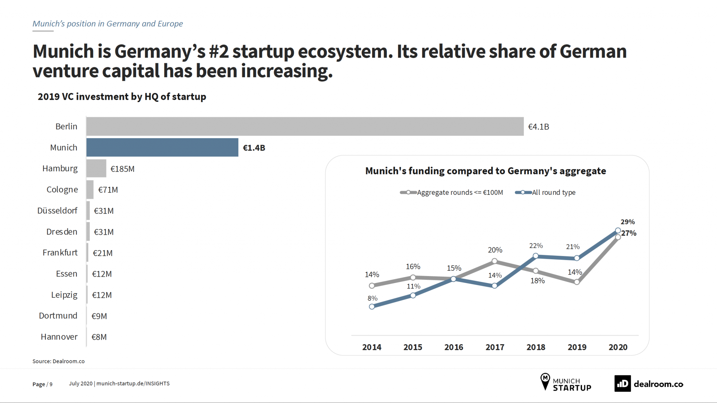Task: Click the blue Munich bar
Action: [162, 147]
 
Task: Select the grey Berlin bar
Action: [305, 126]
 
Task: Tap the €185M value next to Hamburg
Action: [123, 169]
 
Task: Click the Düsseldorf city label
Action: [57, 211]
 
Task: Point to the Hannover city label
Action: [59, 337]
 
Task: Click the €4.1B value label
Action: [538, 127]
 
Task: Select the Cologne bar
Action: [90, 190]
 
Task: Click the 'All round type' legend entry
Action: [553, 192]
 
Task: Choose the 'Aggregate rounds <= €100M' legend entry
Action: [459, 192]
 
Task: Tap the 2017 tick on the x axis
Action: [495, 347]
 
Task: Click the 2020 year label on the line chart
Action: [618, 347]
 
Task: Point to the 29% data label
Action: [627, 222]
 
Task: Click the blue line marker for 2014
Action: [372, 307]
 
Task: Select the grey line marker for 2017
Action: [494, 261]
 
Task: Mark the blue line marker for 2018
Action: [536, 256]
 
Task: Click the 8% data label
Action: [373, 298]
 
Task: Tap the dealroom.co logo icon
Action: [622, 384]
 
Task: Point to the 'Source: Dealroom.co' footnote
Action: [58, 361]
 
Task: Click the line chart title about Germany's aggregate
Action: [486, 171]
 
